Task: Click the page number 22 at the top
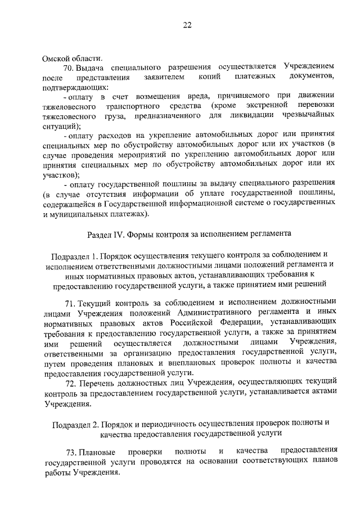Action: point(187,24)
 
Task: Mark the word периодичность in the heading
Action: point(163,424)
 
